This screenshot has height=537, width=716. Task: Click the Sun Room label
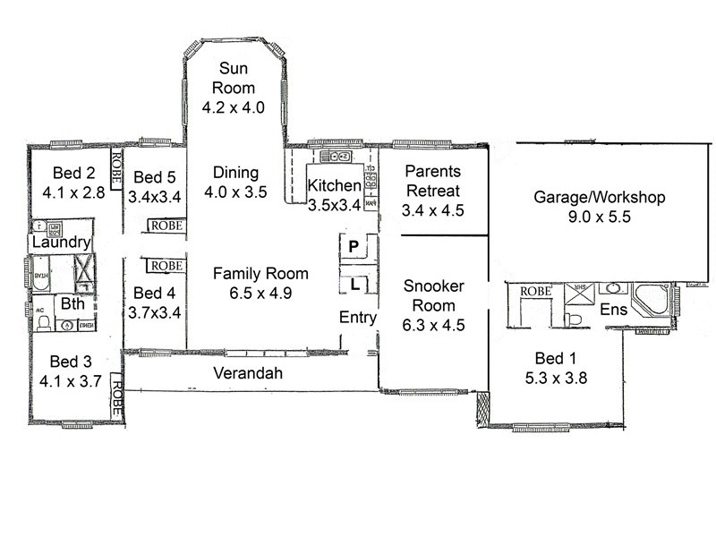coord(234,79)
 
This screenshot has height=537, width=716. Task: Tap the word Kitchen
coord(334,186)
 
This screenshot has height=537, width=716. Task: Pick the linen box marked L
coord(354,285)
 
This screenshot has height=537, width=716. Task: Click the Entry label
coord(356,318)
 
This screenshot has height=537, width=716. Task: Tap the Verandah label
coord(247,373)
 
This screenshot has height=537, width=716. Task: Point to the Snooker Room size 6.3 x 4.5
coord(433,326)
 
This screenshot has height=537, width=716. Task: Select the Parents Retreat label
coord(432,180)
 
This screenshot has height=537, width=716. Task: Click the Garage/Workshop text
coord(600,197)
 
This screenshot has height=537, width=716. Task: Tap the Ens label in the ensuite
coord(613,310)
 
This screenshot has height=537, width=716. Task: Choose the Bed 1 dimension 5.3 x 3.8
coord(555,377)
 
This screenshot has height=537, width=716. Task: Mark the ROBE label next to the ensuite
coord(535,291)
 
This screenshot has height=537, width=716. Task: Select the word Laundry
coord(60,243)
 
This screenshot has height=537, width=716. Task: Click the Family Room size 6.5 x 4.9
coord(260,292)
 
